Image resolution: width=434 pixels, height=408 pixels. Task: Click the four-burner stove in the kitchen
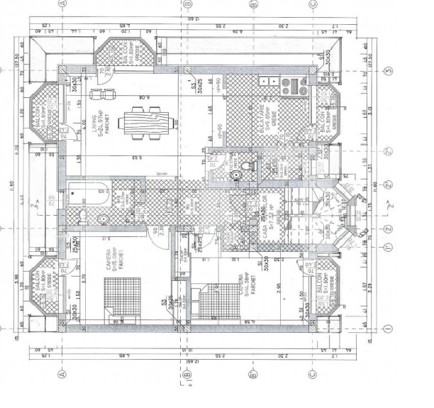pyautogui.click(x=293, y=87)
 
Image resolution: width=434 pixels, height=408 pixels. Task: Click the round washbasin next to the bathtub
pyautogui.click(x=104, y=219)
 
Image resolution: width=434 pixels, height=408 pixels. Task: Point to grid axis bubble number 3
pyautogui.click(x=389, y=72)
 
